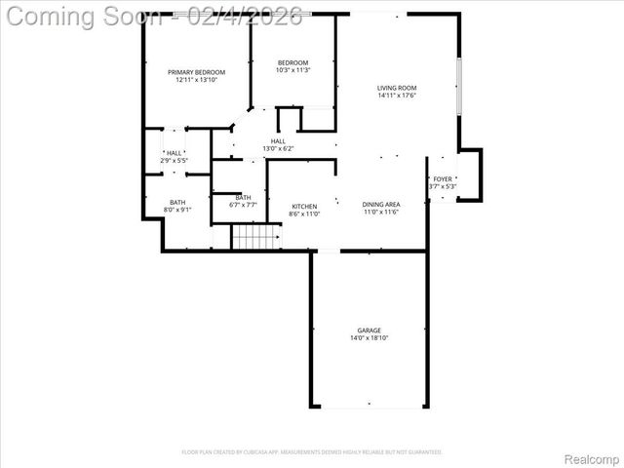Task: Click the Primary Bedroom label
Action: [196, 72]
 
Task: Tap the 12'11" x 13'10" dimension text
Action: [196, 80]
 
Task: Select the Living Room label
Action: [397, 88]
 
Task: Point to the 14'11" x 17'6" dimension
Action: [397, 96]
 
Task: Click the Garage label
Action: [369, 331]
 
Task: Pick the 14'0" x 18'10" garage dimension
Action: [369, 338]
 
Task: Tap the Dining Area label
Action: [382, 204]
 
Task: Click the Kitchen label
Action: [305, 206]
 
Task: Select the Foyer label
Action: [444, 178]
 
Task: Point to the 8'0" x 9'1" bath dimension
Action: [177, 210]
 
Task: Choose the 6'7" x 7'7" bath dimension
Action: [243, 205]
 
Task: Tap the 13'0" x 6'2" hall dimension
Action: [278, 148]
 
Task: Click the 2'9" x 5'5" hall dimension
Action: [174, 160]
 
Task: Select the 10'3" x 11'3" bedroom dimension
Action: [292, 70]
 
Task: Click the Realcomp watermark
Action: [592, 458]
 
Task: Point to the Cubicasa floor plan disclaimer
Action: [312, 451]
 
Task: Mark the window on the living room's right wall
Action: [459, 88]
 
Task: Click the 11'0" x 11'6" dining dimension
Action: [382, 212]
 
